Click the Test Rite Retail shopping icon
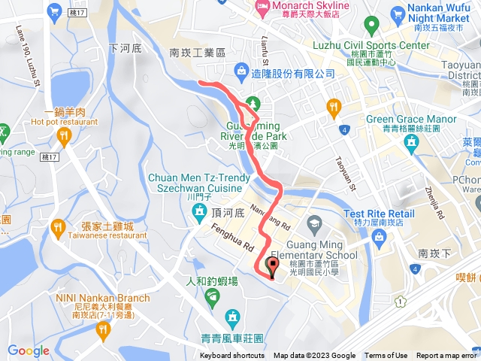point(377,238)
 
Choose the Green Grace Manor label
point(411,119)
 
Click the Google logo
point(28,350)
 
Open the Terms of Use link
point(386,356)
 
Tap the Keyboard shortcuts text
point(231,356)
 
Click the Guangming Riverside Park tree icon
point(253,102)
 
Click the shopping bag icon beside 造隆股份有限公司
point(241,72)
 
